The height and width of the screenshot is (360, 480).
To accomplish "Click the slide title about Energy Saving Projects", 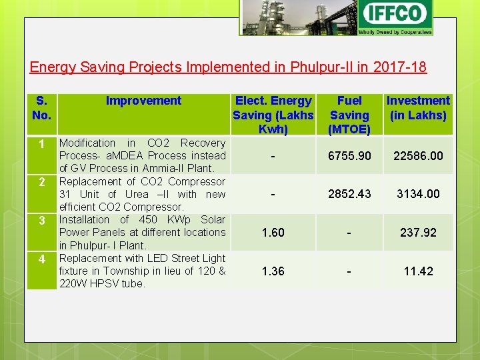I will [x=228, y=67].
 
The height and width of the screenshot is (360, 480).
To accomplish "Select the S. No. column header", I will [x=41, y=108].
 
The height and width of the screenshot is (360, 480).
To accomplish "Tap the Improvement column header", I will [x=143, y=101].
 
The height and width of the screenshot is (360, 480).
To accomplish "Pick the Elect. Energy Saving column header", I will [x=273, y=115].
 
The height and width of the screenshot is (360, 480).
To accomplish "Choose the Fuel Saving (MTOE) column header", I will [x=349, y=115].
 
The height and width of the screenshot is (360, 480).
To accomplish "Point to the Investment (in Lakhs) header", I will [x=418, y=108].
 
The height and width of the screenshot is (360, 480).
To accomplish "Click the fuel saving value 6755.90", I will [x=349, y=156].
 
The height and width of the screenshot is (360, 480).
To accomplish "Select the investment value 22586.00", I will [x=418, y=156].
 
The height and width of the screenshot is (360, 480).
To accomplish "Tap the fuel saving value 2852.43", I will [x=349, y=194].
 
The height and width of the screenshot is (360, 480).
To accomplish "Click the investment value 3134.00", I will [x=418, y=194].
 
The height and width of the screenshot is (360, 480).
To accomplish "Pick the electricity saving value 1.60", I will [x=273, y=233].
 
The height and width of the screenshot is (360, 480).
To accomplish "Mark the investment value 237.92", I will [x=418, y=233].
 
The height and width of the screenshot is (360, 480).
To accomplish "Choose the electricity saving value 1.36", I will [x=273, y=271].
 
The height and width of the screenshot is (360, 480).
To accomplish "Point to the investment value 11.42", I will [x=418, y=271].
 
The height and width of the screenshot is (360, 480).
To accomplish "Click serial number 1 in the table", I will [x=41, y=144].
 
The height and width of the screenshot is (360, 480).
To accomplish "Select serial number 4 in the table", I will [x=41, y=259].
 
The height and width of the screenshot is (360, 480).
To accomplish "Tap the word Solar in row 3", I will [x=213, y=219].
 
